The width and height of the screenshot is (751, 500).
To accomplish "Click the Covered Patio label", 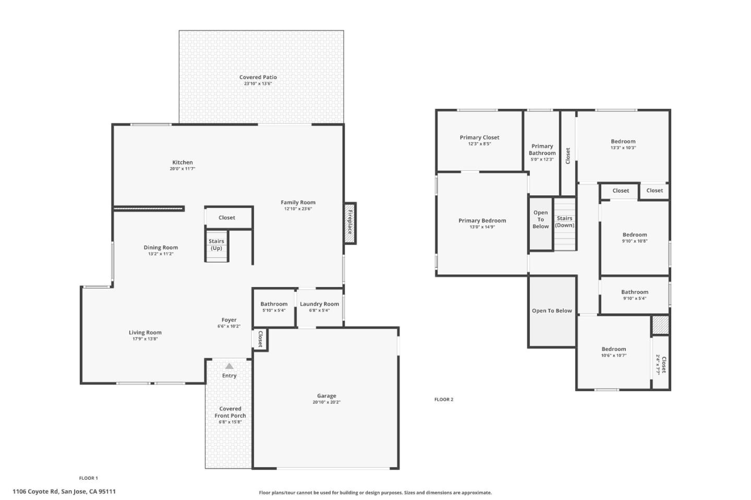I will coord(258,77).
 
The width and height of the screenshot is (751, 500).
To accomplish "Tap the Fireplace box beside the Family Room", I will coord(350,222).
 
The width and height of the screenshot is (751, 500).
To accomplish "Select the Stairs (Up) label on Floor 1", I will coord(216,244).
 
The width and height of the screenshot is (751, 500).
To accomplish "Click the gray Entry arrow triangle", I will coord(229,366).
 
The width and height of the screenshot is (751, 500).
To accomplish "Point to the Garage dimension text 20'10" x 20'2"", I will coord(326,402).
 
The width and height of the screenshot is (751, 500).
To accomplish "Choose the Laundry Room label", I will coord(319,304).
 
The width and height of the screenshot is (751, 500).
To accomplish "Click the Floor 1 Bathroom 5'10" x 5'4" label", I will coord(274,304).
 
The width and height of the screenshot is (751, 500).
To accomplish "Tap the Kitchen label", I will coord(183,162).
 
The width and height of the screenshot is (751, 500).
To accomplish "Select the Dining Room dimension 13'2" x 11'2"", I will coord(161,254).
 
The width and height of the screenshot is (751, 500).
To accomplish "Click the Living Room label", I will coord(145,332).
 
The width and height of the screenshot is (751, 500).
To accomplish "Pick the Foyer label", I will coord(229,320).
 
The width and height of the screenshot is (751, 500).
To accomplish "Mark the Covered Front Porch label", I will coord(230,412).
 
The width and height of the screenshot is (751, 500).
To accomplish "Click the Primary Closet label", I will coord(479,137).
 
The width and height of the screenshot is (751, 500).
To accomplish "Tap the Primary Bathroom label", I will coord(542,149).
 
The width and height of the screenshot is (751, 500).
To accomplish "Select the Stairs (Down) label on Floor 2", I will coord(564,222).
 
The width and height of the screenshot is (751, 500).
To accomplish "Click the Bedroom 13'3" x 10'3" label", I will coord(623,141).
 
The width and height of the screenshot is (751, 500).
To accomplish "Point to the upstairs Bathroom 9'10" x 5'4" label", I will coord(635,292).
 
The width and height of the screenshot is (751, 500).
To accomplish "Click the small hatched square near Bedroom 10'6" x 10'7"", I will coord(660,326).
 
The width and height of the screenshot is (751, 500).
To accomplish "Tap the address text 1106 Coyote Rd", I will coord(64,491).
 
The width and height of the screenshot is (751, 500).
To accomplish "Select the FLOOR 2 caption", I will coord(444,399).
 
